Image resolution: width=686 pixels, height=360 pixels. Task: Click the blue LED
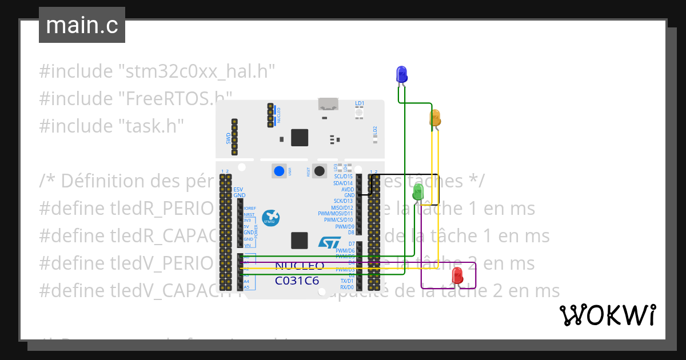(x=402, y=74)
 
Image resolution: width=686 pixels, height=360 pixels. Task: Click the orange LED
(x=435, y=118)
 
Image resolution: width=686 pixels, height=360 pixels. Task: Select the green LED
(x=418, y=191)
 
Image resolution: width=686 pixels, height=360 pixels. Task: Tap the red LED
(x=457, y=277)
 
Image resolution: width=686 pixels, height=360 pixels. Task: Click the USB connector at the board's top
(x=328, y=104)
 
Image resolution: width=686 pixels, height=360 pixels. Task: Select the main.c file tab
(x=82, y=25)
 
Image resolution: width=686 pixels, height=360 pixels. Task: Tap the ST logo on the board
(x=329, y=243)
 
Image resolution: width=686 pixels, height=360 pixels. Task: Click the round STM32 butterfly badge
(x=271, y=218)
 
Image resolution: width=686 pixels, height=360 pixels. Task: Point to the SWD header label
(x=228, y=138)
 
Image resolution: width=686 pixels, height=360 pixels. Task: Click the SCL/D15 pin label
(x=343, y=177)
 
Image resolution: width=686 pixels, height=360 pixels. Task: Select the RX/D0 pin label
(x=347, y=287)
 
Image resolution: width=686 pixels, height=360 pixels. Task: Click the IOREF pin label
(x=249, y=209)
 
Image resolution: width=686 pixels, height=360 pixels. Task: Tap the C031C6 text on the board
(x=297, y=281)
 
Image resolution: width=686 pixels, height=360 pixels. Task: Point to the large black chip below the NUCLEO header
(x=300, y=138)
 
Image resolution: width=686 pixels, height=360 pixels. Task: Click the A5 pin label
(x=246, y=287)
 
